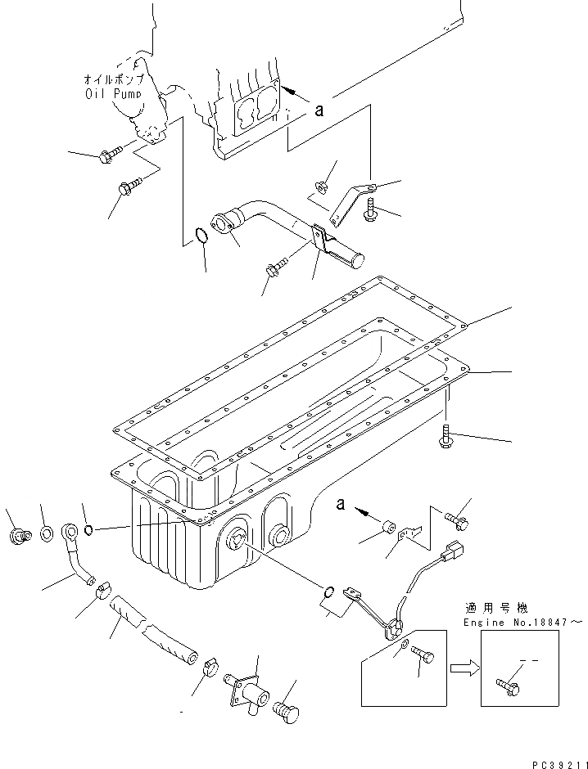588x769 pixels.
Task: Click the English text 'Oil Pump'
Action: coord(114,93)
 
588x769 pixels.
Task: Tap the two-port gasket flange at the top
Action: coord(256,106)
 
